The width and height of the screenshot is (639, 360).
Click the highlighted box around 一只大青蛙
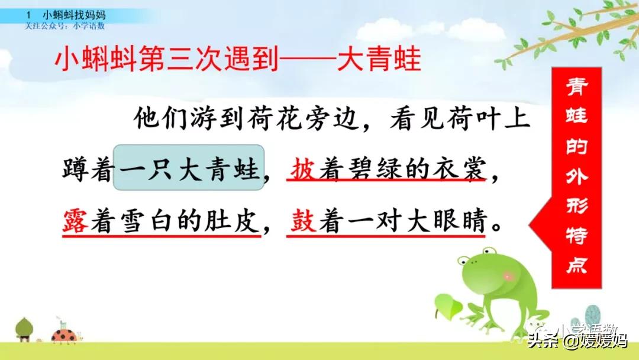coord(189,168)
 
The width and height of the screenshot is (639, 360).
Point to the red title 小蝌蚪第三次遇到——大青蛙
coord(237,60)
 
